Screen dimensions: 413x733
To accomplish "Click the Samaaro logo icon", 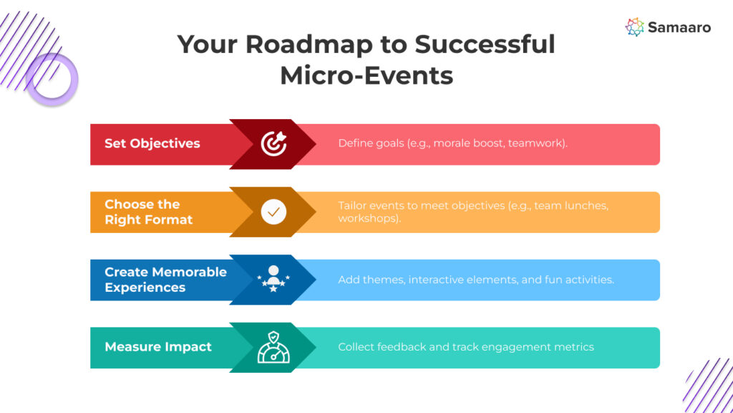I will click(x=634, y=27).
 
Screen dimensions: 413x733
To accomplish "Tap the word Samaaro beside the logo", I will click(x=679, y=28).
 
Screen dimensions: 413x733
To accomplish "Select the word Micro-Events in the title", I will click(x=366, y=75).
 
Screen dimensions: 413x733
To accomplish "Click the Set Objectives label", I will click(x=152, y=143).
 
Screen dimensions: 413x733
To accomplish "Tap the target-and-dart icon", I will click(x=273, y=143).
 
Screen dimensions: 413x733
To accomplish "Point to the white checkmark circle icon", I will click(x=273, y=212).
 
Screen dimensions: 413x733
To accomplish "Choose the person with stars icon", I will click(x=273, y=279).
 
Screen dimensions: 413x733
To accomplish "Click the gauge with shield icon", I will click(x=273, y=347).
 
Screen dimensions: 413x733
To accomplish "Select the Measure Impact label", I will click(x=158, y=347).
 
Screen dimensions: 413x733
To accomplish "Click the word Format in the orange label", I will click(x=169, y=219).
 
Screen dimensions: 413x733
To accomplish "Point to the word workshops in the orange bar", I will click(x=367, y=218).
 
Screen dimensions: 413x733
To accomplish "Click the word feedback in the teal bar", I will click(x=402, y=347).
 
